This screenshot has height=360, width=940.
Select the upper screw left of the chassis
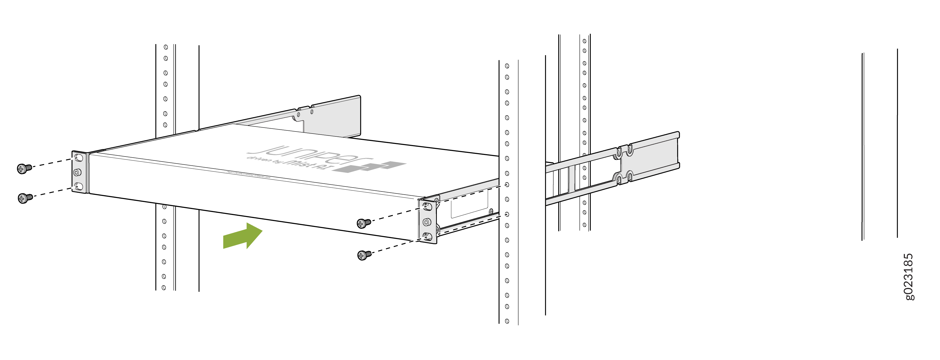point(24,169)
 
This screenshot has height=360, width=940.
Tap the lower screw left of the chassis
point(25,198)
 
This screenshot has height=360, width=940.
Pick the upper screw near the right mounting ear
point(363,223)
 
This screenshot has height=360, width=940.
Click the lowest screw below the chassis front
point(364,255)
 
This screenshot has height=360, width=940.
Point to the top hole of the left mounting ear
point(78,158)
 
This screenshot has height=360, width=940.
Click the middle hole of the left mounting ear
point(77,172)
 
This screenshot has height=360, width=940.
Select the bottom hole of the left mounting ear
point(78,187)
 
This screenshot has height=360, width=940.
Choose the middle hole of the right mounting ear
point(427,222)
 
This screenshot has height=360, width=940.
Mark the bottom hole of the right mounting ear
point(427,237)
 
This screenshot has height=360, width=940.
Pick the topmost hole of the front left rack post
point(166,47)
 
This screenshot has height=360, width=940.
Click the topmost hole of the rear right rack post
point(584,41)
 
